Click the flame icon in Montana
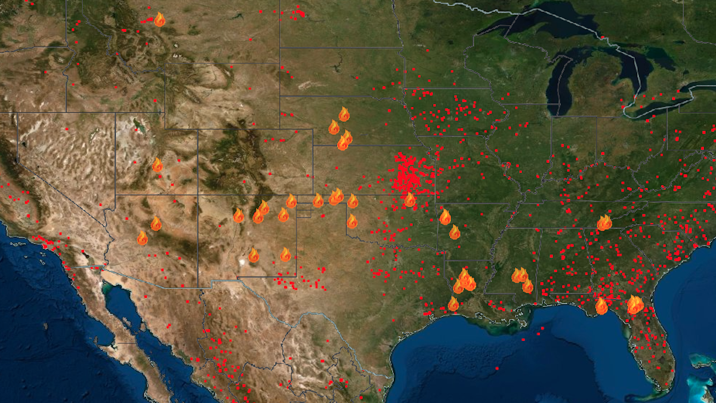click(159, 20)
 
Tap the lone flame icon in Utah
click(158, 165)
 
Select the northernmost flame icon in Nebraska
click(344, 114)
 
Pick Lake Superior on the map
click(537, 24)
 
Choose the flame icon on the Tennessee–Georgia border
click(604, 223)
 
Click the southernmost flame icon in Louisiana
click(453, 304)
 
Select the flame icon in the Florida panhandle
click(601, 306)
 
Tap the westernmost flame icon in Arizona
click(142, 238)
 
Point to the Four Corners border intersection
click(198, 195)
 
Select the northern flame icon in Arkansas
click(445, 217)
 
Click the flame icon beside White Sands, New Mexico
click(254, 256)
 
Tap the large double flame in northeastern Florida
click(634, 305)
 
